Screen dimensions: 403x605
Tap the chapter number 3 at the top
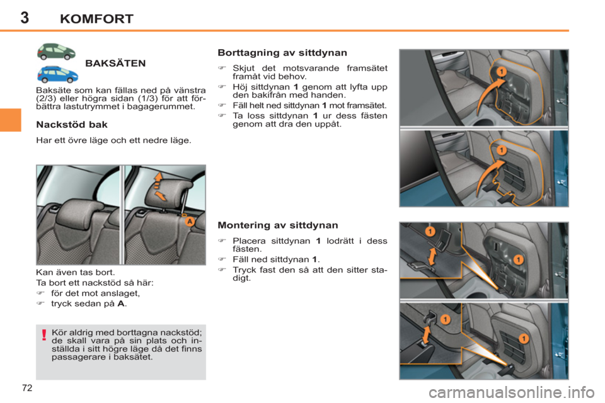(x=24, y=17)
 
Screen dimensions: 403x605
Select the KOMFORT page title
(x=96, y=19)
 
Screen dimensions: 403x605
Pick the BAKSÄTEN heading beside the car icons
(x=115, y=63)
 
